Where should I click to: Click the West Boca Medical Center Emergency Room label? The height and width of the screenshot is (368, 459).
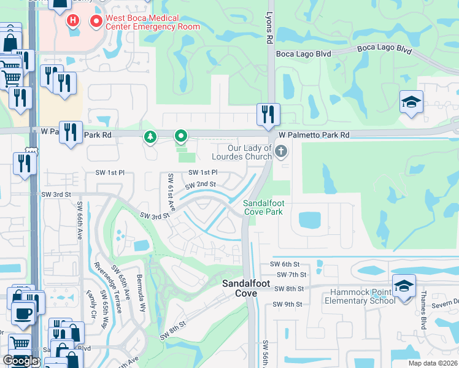point(152,23)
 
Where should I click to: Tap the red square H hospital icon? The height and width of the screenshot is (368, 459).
point(73,21)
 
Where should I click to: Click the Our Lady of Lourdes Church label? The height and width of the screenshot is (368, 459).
point(250,152)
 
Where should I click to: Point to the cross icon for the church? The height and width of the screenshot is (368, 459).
point(281,151)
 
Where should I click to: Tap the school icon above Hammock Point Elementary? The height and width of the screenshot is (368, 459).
point(404,287)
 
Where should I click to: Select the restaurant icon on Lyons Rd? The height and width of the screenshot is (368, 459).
point(268,114)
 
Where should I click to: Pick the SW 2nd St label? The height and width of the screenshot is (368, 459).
point(198,184)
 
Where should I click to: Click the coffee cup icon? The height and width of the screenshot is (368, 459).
point(25,313)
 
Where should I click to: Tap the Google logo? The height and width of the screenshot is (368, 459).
point(21,361)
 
